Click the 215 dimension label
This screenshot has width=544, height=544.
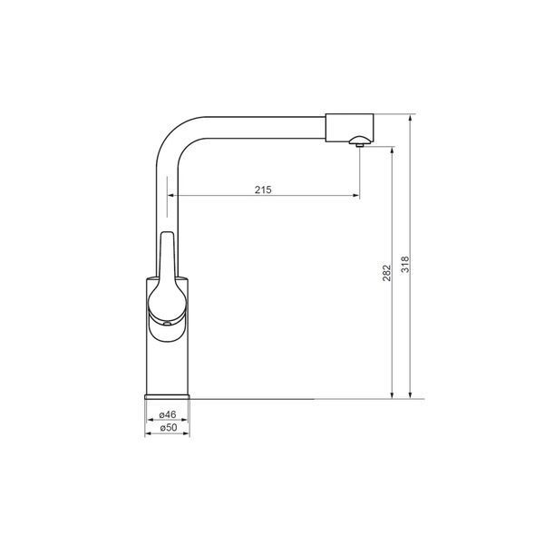[x=263, y=189]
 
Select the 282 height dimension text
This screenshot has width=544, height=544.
[x=386, y=273]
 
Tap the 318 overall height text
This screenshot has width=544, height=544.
[x=405, y=265]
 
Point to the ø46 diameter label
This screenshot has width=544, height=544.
[x=168, y=414]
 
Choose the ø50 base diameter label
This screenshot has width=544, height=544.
[x=169, y=427]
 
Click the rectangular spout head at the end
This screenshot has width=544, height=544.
[x=349, y=128]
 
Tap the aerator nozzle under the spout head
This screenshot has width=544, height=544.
[x=360, y=141]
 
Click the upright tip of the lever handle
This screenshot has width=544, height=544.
[x=168, y=235]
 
